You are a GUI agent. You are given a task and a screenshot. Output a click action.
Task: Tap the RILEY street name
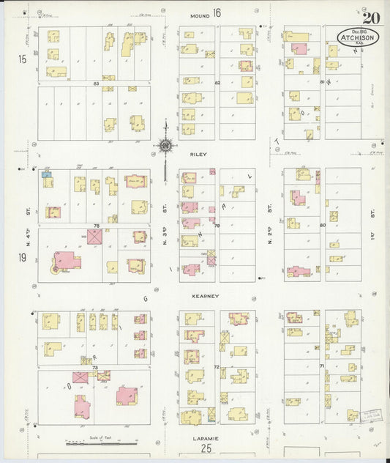[199, 155]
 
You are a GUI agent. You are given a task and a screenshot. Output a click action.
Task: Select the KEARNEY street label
[206, 295]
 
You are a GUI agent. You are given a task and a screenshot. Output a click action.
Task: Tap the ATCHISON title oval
[358, 37]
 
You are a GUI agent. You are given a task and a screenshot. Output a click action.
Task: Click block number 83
[96, 84]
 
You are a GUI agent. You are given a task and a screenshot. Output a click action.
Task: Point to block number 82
[217, 84]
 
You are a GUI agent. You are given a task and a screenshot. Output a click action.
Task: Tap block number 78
[96, 226]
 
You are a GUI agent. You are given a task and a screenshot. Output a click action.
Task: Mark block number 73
[95, 366]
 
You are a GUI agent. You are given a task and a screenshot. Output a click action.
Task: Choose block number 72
[217, 366]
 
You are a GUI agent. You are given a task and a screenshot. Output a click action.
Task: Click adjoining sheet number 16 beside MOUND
[217, 12]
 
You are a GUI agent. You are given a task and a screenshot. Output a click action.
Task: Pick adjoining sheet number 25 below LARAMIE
[207, 448]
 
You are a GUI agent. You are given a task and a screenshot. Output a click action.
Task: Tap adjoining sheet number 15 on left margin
[23, 58]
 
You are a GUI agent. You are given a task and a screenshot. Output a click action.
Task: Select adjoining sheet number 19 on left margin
[23, 257]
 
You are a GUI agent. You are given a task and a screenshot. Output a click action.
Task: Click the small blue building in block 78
[47, 174]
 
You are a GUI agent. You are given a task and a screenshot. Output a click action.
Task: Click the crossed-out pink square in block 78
[95, 237]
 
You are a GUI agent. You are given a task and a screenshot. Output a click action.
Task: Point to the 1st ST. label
[372, 215]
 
